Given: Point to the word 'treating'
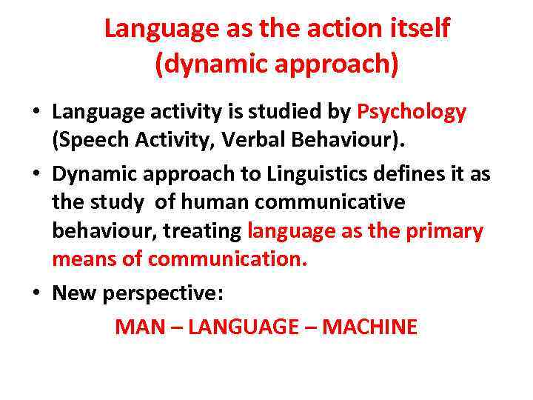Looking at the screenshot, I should [202, 231].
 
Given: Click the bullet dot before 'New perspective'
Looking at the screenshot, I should [36, 293].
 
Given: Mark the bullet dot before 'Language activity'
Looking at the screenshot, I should [36, 113].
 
